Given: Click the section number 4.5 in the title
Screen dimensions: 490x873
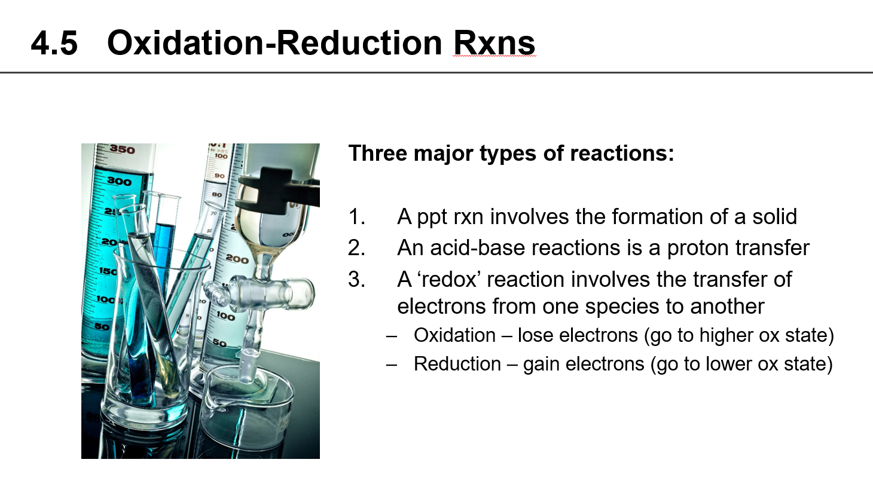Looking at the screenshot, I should point(54,44).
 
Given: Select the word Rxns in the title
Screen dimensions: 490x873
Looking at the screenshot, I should point(494,44).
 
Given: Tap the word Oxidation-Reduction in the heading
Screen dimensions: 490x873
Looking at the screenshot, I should point(274,44).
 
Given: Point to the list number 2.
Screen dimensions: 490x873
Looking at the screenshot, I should point(357,248).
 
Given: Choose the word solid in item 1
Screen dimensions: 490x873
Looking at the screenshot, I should point(774,216).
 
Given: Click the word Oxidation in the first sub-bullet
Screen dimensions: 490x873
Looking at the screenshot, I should point(454,335).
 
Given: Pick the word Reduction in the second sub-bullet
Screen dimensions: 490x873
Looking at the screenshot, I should point(457,364).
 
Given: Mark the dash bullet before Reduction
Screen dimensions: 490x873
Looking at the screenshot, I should point(392,364).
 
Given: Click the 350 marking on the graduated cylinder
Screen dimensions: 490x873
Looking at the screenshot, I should point(122,149).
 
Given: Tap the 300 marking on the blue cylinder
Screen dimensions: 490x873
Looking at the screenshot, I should point(119,180).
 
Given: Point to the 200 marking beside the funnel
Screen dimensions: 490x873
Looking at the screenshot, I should point(237,259).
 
